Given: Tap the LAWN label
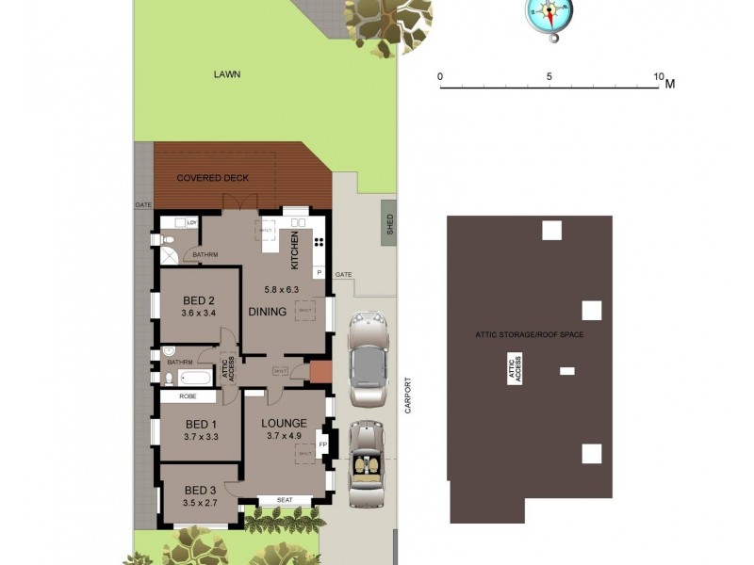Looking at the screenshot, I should coord(227,73).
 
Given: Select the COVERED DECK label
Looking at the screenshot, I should coord(213,177).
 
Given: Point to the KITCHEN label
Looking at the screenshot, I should coord(295,250).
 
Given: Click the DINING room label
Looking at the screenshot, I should coord(267,312).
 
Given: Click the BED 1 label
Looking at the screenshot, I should coord(201,424).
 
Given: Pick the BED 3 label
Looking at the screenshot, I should coord(200,490).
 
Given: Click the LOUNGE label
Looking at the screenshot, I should coord(284,423).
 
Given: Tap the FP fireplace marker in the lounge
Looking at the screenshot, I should coord(322,444).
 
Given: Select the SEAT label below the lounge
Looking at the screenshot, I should coord(284,500).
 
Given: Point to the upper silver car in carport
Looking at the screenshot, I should coord(368,359).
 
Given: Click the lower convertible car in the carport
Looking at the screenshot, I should coord(364,462).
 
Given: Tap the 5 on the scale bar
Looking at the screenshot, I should coord(549,76).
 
